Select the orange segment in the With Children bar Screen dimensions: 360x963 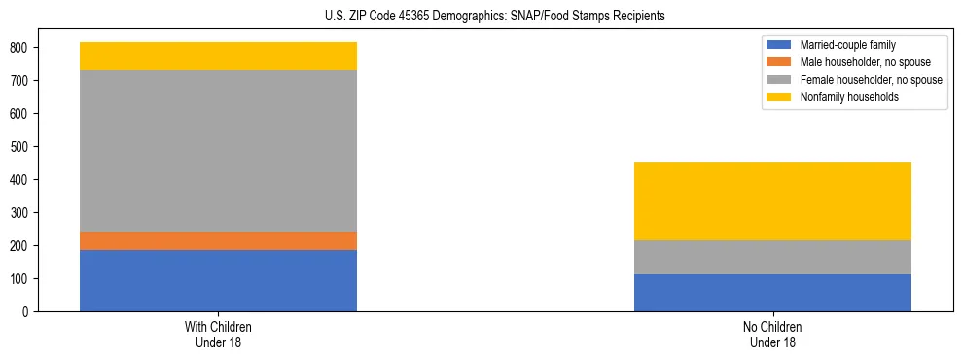[218, 240]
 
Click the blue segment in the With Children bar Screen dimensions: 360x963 [218, 280]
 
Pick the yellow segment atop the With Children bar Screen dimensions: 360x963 [218, 56]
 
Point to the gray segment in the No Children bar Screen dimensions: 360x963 [772, 257]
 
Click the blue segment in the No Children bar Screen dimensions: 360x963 [772, 293]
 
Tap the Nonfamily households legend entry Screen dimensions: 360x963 [842, 97]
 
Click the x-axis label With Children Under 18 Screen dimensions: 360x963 [218, 335]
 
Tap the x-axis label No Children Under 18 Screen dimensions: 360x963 [772, 335]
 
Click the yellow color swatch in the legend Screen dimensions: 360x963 [779, 97]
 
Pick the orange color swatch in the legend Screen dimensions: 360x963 [779, 62]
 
